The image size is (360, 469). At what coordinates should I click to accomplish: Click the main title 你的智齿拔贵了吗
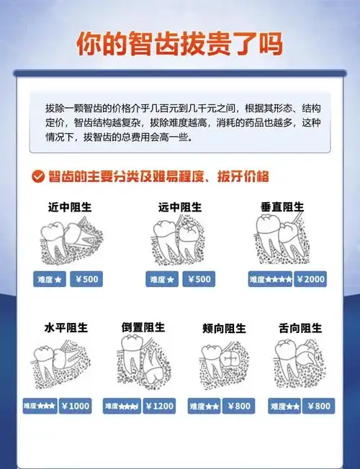(x=179, y=43)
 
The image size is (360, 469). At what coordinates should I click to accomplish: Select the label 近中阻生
(x=70, y=207)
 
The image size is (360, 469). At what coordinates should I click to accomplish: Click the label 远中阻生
(x=180, y=207)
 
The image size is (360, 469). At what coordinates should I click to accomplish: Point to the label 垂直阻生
(x=282, y=206)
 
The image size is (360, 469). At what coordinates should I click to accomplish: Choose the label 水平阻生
(x=66, y=328)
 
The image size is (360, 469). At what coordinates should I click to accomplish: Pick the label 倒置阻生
(x=143, y=327)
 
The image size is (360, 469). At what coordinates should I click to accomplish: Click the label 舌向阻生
(x=300, y=328)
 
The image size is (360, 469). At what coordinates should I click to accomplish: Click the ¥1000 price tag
(x=75, y=406)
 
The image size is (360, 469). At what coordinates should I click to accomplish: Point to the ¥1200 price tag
(x=159, y=406)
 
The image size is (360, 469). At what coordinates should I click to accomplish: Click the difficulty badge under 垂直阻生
(x=270, y=279)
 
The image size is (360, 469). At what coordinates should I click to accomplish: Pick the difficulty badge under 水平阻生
(x=40, y=406)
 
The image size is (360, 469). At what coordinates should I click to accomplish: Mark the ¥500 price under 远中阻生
(x=198, y=279)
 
